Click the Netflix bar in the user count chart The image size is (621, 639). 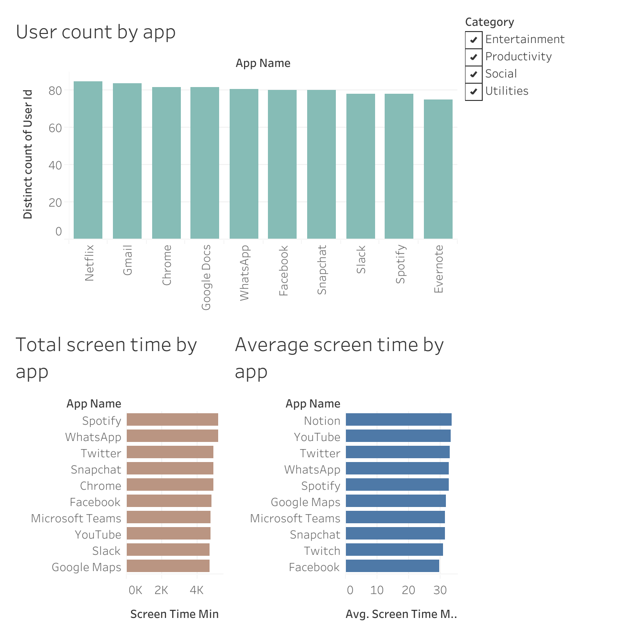coord(88,160)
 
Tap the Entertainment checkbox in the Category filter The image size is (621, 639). coord(474,40)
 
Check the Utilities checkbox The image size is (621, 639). coord(474,91)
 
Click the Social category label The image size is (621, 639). coord(501,74)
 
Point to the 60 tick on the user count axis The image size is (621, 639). coord(55,128)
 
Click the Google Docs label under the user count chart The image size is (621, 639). coord(206,277)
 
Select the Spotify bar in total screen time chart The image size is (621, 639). coord(172,420)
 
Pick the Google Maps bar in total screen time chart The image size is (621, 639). coord(168,566)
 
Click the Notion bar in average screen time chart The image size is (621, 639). coord(399,420)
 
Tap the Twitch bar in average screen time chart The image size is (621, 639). coord(394,550)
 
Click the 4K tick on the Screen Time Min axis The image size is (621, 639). coord(196,590)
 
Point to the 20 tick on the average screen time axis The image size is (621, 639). coord(408,590)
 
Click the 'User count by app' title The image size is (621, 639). coord(96,32)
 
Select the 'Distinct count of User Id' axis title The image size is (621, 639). coord(28,154)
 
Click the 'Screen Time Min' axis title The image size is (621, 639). coord(174,614)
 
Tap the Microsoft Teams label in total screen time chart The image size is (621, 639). coord(76,518)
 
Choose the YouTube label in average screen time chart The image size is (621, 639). coord(317,437)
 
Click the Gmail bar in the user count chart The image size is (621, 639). coord(127,161)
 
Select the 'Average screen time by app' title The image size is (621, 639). coord(339,357)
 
